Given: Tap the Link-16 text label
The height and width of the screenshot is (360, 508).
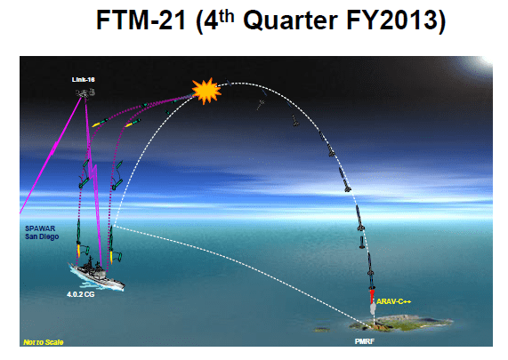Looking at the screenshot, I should click(x=84, y=79).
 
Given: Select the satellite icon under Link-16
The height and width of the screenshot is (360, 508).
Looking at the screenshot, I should click(x=85, y=92).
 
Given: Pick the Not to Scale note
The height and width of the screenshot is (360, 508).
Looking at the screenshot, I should click(x=40, y=340).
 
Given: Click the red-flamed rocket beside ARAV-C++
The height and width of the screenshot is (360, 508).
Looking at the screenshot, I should click(x=373, y=296).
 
